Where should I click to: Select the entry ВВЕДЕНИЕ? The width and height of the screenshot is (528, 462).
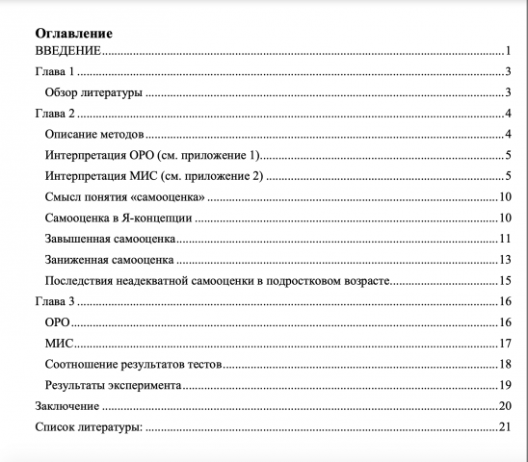tap(68, 51)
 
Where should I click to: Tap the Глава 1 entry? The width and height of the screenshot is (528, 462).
tap(55, 72)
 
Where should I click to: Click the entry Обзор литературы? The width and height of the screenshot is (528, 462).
tap(94, 93)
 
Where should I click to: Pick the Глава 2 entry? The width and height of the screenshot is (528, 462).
tap(55, 115)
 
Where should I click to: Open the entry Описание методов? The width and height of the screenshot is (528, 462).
tap(94, 135)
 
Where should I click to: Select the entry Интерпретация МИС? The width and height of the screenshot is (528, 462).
tap(154, 177)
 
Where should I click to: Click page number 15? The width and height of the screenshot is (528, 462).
tap(504, 281)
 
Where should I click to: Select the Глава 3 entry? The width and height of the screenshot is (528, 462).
tap(55, 302)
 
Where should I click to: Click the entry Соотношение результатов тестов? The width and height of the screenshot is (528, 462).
tap(134, 364)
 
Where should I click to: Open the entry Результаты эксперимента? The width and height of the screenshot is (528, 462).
tap(114, 385)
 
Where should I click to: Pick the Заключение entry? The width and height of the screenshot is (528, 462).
tap(66, 406)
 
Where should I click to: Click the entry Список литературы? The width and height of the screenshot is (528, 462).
tap(88, 427)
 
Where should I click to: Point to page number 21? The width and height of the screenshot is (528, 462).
tap(504, 427)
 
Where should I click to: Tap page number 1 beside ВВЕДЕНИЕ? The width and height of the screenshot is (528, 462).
tap(507, 51)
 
